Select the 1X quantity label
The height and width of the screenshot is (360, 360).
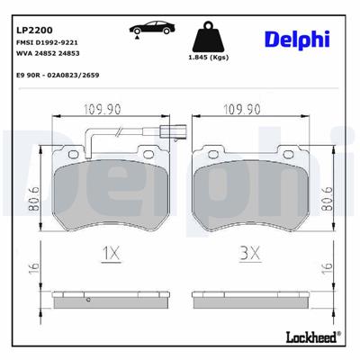111,255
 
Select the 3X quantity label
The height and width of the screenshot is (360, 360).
250,255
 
